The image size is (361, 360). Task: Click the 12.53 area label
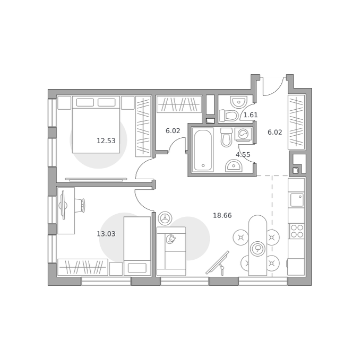[x=106, y=141]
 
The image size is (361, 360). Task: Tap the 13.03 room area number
[x=106, y=234]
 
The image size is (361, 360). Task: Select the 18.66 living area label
[x=222, y=216]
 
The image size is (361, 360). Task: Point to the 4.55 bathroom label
[x=243, y=155]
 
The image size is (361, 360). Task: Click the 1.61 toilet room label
[x=251, y=115]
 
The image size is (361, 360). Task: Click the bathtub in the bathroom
[x=203, y=150]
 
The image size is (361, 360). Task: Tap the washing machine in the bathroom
[x=243, y=134]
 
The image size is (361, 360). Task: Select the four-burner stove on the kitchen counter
[x=297, y=231]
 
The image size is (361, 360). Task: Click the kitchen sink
[x=297, y=200]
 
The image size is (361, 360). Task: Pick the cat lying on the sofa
[x=170, y=239]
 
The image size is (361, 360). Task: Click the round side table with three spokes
[x=165, y=218]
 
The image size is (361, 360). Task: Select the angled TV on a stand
[x=218, y=263]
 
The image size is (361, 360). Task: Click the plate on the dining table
[x=257, y=249]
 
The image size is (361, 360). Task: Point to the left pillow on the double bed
[x=85, y=102]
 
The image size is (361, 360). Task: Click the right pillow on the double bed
[x=106, y=102]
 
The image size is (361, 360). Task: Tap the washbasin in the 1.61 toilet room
[x=238, y=102]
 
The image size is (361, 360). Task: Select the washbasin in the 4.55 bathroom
[x=234, y=165]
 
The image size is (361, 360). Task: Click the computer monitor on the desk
[x=63, y=205]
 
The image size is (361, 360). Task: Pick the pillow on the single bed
[x=137, y=268]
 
